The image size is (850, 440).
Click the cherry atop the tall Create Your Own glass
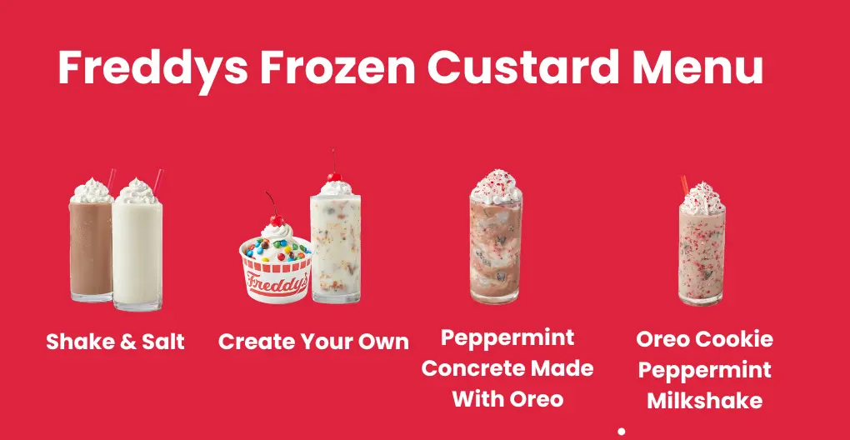[334, 176]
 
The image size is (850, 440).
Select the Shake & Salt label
[115, 342]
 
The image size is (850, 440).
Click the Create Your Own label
[313, 342]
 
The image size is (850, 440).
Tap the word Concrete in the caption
[507, 368]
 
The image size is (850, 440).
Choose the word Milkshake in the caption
[704, 400]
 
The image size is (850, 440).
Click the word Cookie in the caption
[734, 339]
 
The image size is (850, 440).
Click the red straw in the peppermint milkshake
[684, 184]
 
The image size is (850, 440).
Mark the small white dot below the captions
[621, 431]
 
